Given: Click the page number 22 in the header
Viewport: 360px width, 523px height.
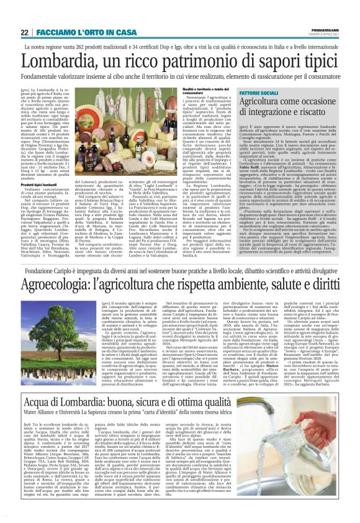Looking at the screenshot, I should [24, 32].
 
